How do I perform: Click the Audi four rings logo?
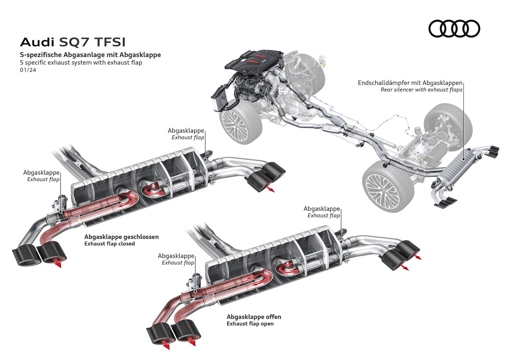coord(454,29)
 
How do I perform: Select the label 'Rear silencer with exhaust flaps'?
coord(421,90)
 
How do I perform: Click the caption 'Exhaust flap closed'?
coord(109,244)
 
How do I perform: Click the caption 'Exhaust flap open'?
coord(250,324)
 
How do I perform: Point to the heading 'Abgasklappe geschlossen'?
coord(121,237)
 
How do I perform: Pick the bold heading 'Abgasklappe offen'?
coord(254,316)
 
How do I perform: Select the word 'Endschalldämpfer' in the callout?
coord(383,83)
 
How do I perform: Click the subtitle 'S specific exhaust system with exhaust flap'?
coord(81,63)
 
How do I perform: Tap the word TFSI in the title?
coord(110,42)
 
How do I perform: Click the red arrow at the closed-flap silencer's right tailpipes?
coord(269,188)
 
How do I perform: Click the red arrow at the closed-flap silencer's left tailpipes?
coord(58,264)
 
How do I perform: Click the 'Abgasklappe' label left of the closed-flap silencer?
coord(41,172)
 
